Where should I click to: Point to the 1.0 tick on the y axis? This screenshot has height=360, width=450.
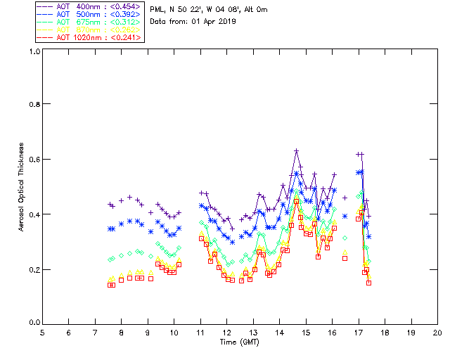34,52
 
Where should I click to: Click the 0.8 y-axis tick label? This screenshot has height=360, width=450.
34,104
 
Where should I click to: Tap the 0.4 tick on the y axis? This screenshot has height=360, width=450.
34,214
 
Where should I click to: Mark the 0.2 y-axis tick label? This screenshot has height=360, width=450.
34,269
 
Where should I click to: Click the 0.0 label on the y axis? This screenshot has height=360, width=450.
34,323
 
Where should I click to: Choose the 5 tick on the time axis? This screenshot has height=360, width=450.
42,333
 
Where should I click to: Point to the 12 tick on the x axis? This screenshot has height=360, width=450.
227,333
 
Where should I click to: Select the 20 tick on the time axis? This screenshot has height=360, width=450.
437,333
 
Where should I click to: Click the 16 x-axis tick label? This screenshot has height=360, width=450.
333,333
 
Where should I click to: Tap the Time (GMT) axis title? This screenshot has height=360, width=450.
240,342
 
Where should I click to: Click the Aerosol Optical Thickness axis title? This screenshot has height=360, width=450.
22,187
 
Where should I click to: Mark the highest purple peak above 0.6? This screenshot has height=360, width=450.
296,150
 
